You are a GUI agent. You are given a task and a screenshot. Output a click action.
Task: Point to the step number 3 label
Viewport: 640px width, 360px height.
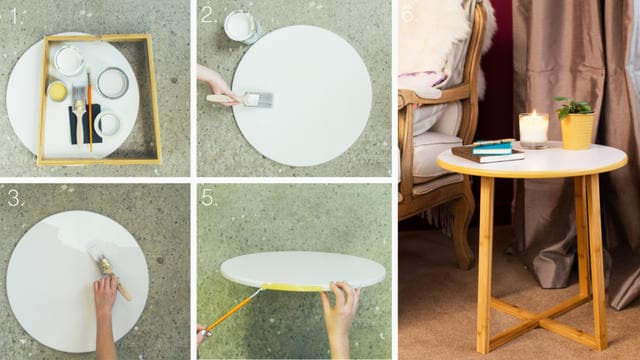coord(14,197)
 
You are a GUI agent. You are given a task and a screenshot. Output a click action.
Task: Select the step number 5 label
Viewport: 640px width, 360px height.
coord(208,198)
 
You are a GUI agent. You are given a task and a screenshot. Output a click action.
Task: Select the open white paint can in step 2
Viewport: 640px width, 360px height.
coord(241,25)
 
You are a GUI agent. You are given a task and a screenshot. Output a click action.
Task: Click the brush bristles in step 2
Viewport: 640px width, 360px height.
coord(259,99)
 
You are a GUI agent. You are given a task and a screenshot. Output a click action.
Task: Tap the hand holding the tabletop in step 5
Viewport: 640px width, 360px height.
coord(340,305)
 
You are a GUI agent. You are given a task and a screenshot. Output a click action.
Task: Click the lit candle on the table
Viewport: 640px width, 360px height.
coord(533,129)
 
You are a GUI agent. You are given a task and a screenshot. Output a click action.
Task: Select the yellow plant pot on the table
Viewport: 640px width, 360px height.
coord(576,131)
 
